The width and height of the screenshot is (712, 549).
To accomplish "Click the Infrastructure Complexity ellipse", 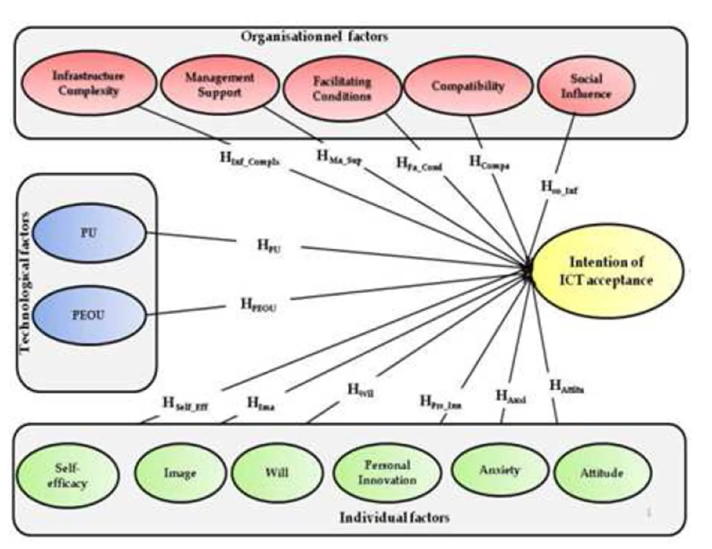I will (x=88, y=83).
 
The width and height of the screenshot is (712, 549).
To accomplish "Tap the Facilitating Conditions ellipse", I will (x=342, y=89).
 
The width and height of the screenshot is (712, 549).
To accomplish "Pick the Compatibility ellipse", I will (x=468, y=86).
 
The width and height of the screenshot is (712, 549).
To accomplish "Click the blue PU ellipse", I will (x=89, y=233).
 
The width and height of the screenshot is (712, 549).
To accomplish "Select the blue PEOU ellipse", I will (x=89, y=315).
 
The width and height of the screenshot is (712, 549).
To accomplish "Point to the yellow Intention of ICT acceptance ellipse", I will (x=607, y=271).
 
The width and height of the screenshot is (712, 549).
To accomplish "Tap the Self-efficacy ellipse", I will (x=67, y=475).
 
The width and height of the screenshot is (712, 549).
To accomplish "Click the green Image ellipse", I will (x=180, y=473).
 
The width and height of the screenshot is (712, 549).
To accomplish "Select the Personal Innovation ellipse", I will (x=387, y=473).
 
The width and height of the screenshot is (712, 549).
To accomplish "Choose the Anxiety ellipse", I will (x=500, y=470).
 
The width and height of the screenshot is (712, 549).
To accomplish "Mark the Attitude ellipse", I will (x=601, y=473).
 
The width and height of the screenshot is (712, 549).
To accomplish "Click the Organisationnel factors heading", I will (x=314, y=36).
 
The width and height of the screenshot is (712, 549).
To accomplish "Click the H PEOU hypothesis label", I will (x=258, y=305).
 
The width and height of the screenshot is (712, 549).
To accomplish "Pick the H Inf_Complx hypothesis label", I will (x=250, y=159).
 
